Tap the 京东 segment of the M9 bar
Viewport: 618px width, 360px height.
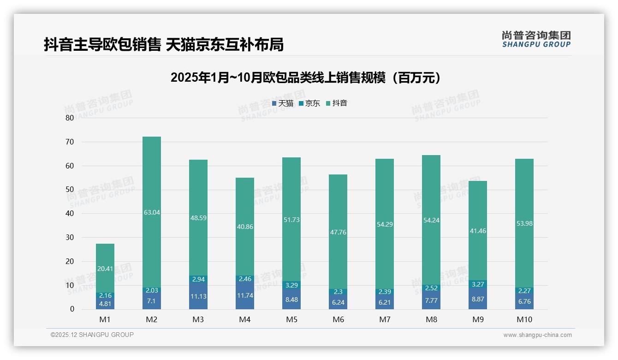pyautogui.click(x=478, y=284)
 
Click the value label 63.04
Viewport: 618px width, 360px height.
pyautogui.click(x=152, y=212)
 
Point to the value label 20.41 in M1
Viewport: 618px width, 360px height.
pyautogui.click(x=105, y=268)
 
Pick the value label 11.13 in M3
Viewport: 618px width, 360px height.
pyautogui.click(x=198, y=296)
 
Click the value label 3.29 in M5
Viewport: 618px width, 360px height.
pyautogui.click(x=291, y=285)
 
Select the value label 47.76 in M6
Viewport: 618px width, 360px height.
pyautogui.click(x=338, y=232)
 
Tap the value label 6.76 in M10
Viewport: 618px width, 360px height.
pyautogui.click(x=524, y=301)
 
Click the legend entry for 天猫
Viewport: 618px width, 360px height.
pyautogui.click(x=283, y=103)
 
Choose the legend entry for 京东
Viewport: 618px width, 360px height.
pyautogui.click(x=309, y=103)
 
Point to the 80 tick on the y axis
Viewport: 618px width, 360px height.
pyautogui.click(x=70, y=118)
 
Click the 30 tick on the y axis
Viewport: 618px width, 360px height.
pyautogui.click(x=70, y=237)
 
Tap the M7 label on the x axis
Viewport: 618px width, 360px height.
pyautogui.click(x=385, y=319)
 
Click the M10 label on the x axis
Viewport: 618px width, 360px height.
pyautogui.click(x=524, y=319)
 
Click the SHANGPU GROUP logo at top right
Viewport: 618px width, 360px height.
pyautogui.click(x=536, y=39)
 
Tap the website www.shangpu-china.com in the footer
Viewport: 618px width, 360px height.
pyautogui.click(x=537, y=335)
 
